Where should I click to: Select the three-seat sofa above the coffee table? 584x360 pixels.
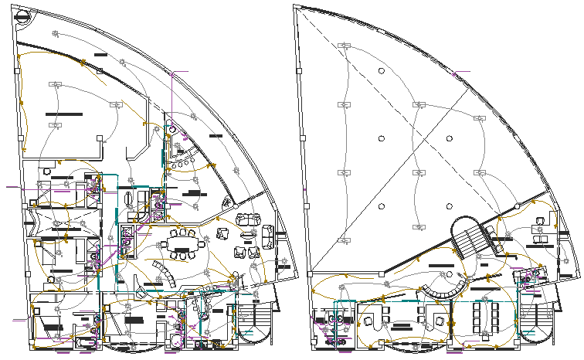pos(247,219)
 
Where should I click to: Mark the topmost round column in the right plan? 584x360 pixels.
pos(381,72)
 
